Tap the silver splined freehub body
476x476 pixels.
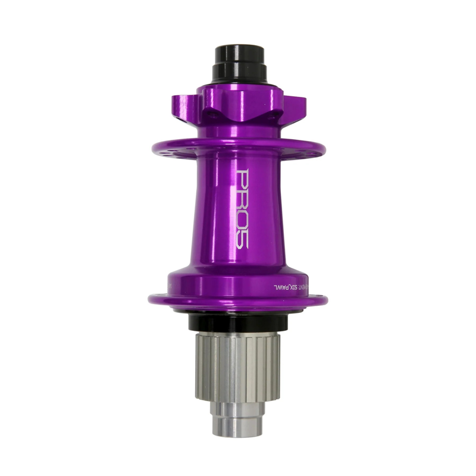238,366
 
